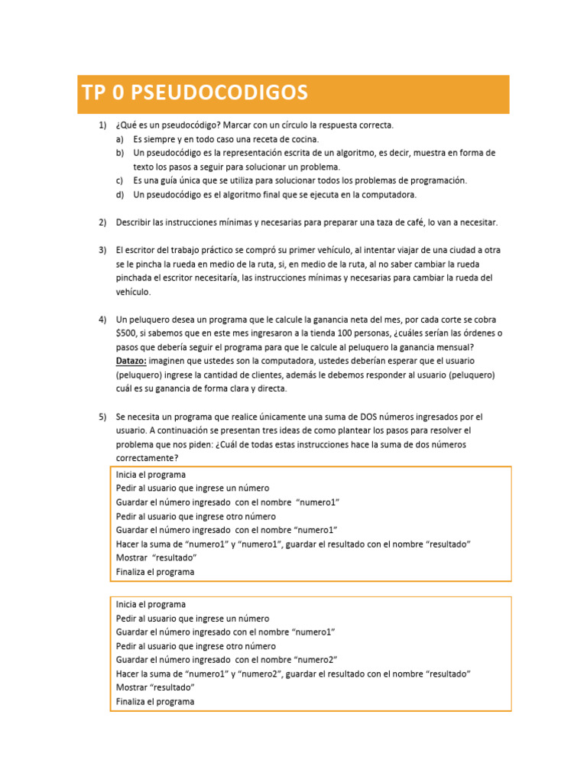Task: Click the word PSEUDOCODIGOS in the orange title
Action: coord(219,93)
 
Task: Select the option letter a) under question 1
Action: coord(120,140)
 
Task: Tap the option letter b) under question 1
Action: coord(120,153)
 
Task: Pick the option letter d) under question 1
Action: coord(120,195)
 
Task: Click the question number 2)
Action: coord(102,223)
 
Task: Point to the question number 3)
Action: coord(102,250)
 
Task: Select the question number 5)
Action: coord(102,417)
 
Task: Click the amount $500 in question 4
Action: coord(126,333)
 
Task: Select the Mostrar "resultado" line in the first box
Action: coord(151,558)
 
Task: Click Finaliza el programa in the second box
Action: coord(155,702)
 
